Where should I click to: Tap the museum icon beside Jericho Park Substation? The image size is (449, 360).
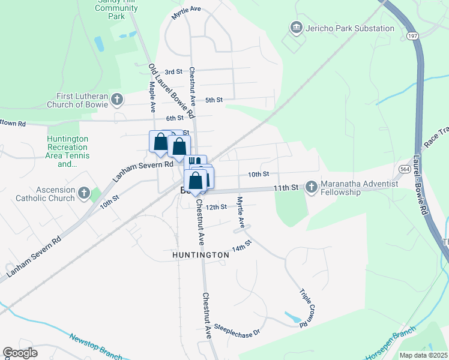point(295,28)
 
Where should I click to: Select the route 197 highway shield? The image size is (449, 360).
point(412,37)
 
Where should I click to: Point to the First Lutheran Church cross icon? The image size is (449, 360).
point(117,99)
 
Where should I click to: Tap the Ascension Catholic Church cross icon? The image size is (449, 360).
point(83,194)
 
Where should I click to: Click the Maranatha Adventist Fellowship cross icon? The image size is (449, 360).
point(311,187)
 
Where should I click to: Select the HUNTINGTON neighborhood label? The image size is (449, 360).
point(200,255)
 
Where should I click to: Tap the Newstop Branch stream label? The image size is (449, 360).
point(95,347)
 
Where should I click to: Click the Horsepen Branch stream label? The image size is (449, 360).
point(391,346)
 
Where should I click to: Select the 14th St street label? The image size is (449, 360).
point(241,246)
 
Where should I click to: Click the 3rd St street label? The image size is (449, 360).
point(173,71)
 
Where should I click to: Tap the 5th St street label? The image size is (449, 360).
point(214,100)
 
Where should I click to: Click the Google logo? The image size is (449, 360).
point(20,353)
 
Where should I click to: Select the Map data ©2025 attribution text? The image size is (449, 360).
point(423,355)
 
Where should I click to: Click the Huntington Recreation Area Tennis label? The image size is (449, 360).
point(68,151)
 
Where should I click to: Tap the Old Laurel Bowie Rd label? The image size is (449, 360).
point(172,91)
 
